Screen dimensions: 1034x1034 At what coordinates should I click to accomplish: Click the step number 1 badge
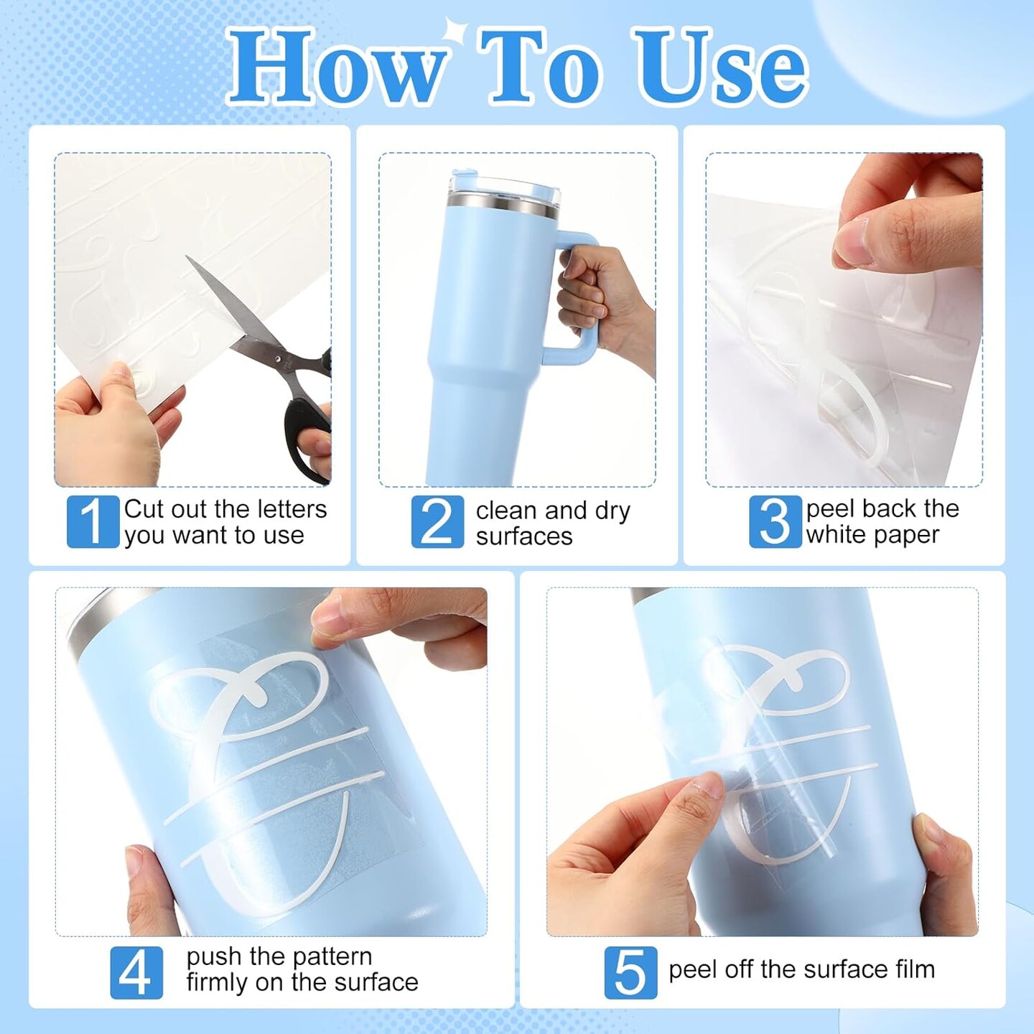[93, 521]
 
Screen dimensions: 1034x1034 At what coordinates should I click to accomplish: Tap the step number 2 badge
[437, 521]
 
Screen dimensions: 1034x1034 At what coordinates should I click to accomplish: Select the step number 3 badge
[775, 521]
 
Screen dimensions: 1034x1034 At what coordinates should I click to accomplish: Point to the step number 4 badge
[136, 973]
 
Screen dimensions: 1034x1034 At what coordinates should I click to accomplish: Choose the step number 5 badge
[630, 973]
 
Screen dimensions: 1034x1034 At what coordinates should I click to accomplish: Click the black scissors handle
[309, 434]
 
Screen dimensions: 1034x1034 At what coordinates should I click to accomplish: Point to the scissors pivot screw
[277, 358]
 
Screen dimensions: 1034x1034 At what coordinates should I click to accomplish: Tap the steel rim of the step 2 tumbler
[502, 208]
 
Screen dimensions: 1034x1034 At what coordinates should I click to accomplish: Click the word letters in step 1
[294, 509]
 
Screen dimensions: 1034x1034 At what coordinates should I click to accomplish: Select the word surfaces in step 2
[524, 537]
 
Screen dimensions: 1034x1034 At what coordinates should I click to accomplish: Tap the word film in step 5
[914, 969]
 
